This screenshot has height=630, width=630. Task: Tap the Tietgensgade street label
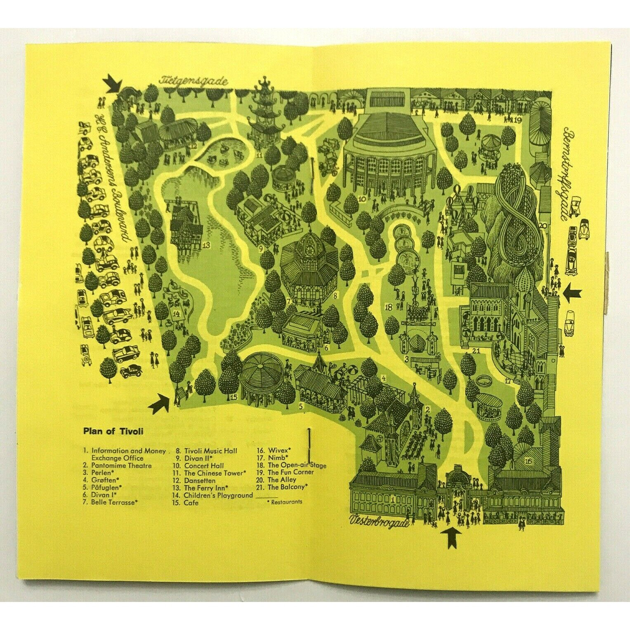tap(194, 81)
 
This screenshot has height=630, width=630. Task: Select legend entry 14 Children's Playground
tap(214, 495)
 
